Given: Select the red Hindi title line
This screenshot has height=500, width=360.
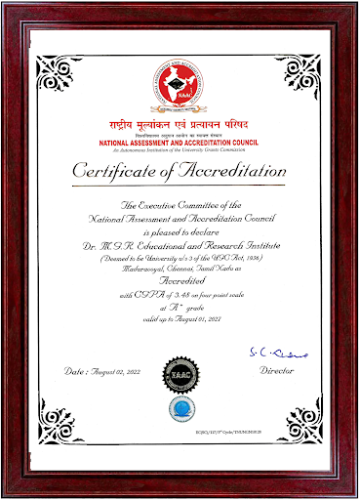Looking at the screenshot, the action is point(180,127).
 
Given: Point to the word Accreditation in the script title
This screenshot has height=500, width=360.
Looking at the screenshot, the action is point(220,173).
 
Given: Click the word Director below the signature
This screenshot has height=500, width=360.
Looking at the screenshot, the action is point(276,372).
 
